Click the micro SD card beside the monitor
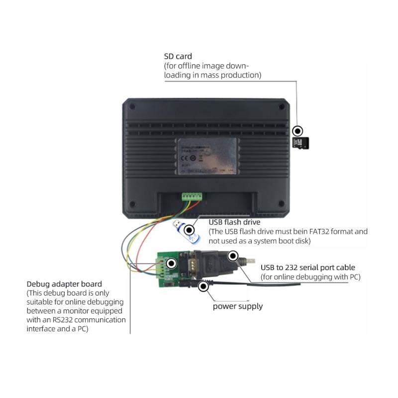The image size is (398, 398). click(300, 143)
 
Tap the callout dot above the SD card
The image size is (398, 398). click(298, 131)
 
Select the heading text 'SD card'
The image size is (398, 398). click(178, 56)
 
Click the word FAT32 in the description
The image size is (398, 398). click(324, 232)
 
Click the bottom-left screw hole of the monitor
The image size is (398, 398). click(132, 203)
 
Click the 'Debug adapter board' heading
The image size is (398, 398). click(64, 284)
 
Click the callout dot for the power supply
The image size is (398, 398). click(203, 287)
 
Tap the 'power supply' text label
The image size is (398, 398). click(238, 306)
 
